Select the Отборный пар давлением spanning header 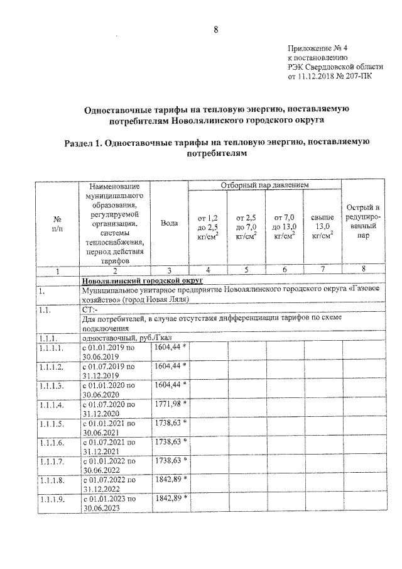tap(264, 185)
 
